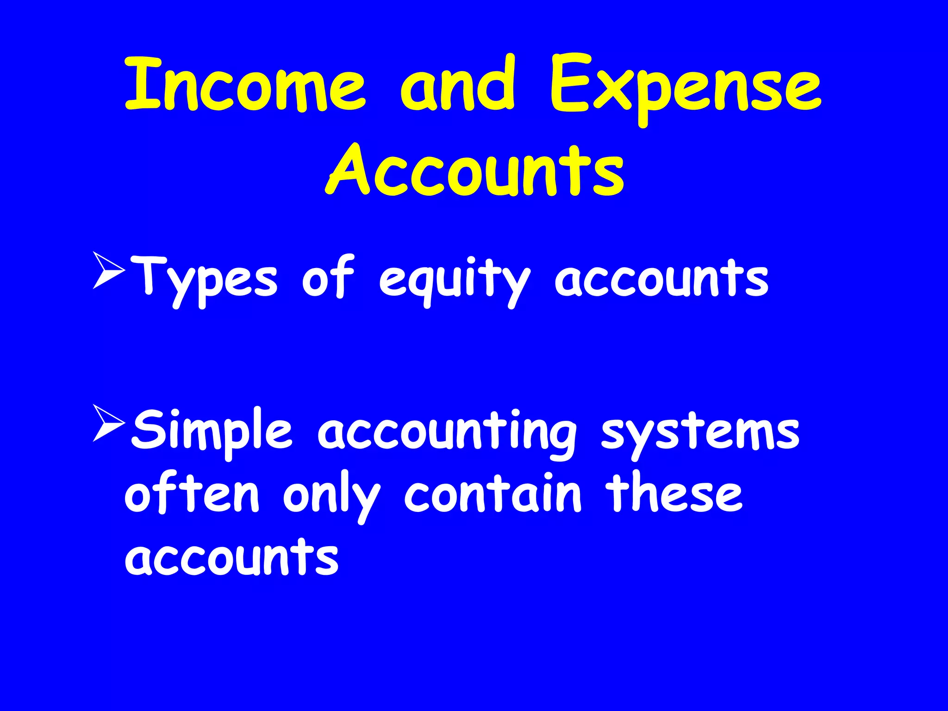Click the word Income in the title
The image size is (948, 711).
[245, 86]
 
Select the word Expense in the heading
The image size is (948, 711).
[685, 88]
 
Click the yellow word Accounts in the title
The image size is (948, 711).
[474, 171]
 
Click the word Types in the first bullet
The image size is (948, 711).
[204, 280]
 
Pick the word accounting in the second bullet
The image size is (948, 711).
[447, 433]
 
